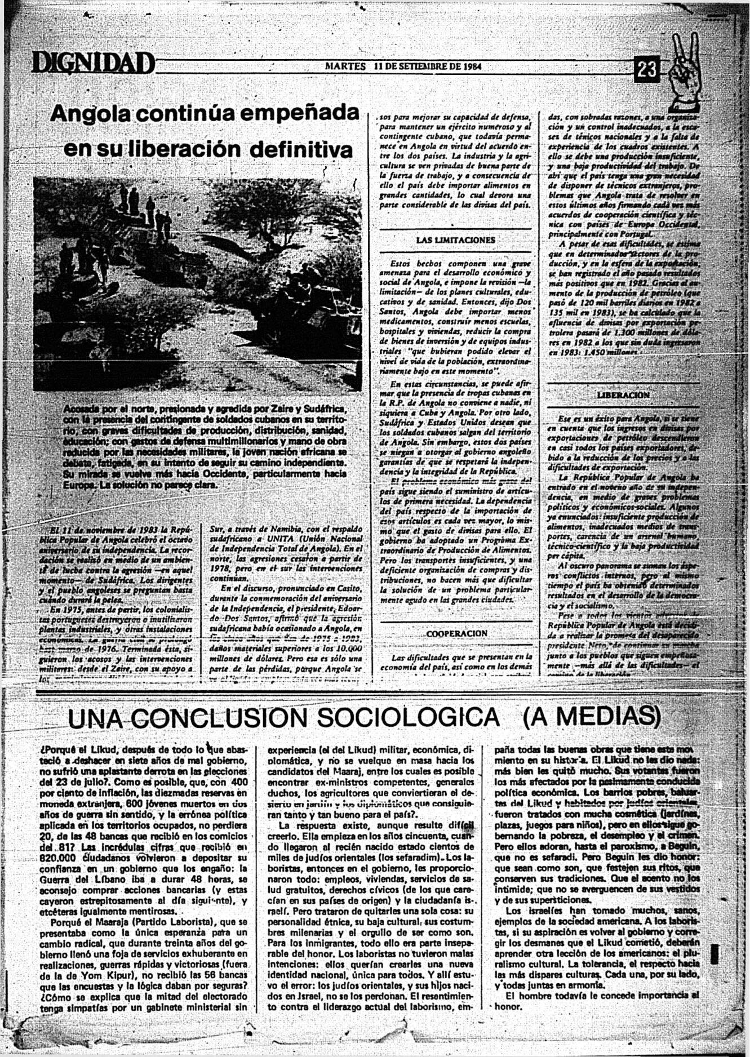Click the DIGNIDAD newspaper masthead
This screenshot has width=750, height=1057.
(93, 63)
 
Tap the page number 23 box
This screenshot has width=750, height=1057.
(647, 70)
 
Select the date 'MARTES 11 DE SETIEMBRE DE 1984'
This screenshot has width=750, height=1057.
(403, 66)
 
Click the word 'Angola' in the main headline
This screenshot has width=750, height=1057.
(90, 114)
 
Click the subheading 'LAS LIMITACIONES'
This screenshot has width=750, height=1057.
(455, 240)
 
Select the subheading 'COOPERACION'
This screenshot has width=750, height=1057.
(456, 633)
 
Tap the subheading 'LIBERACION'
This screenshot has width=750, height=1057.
(623, 395)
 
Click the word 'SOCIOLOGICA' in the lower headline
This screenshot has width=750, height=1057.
(409, 717)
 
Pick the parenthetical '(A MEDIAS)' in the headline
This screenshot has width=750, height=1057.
(591, 717)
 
